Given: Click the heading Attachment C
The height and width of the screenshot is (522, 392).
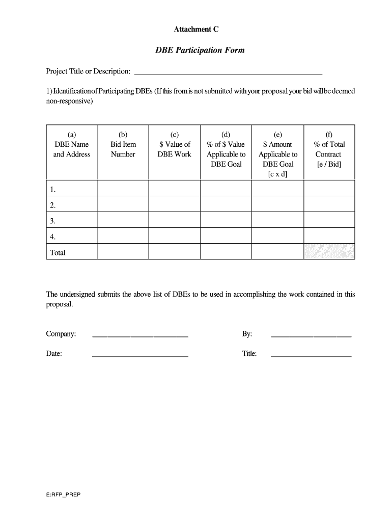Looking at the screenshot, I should coord(197,30).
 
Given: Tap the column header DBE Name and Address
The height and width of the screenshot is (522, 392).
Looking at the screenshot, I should coord(72,149).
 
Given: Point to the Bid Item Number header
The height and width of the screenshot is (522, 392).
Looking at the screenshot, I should coord(123,149).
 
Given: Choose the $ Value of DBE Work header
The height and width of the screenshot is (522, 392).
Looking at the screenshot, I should coord(175,149).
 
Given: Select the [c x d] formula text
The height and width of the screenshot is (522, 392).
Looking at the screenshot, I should coord(277,174).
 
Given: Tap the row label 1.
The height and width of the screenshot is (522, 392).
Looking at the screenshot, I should coord(53,190).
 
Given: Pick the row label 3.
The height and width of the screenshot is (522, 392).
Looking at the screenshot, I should coord(53,221).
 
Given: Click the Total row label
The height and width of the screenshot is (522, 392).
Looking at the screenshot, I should coord(58,252).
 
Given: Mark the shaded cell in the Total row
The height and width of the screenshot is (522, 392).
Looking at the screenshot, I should coord(329,251).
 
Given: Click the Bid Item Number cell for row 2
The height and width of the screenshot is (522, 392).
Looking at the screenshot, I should coord(123,205).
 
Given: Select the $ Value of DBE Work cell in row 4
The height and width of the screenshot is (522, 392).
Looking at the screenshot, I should coord(175,236).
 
